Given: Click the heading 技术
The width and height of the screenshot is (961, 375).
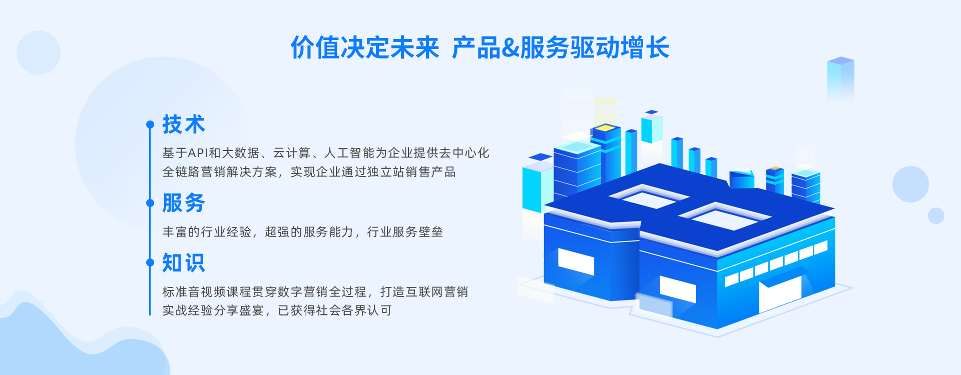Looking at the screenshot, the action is click(184, 124).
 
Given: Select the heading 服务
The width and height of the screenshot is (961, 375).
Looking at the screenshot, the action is click(184, 203).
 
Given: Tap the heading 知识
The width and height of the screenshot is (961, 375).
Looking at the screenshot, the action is click(184, 262).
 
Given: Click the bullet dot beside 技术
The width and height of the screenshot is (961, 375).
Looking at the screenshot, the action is click(150, 124).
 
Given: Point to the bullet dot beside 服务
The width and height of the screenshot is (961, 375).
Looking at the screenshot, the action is click(150, 203).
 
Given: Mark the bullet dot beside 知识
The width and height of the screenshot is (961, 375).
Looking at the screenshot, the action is click(150, 262).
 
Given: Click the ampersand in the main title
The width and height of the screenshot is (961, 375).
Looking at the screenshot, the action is click(510, 48).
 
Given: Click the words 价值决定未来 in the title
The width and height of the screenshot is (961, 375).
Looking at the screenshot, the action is click(365, 48).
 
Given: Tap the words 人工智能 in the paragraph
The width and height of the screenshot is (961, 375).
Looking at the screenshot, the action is click(349, 153).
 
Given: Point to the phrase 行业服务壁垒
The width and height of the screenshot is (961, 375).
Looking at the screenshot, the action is click(405, 232).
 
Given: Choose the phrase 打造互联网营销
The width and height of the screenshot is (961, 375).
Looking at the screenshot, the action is click(424, 292).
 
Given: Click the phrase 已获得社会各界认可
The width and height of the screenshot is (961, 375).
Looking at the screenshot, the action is click(335, 310).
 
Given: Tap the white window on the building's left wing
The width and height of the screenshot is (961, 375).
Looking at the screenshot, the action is click(576, 261).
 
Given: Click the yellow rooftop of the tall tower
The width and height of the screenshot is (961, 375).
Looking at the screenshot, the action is click(606, 128).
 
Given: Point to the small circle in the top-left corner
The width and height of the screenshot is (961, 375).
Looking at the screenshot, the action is click(39, 52).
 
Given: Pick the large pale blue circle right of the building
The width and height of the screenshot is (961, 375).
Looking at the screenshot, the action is click(910, 184).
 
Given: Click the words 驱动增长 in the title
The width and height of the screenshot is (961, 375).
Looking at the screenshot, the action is click(620, 48).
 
